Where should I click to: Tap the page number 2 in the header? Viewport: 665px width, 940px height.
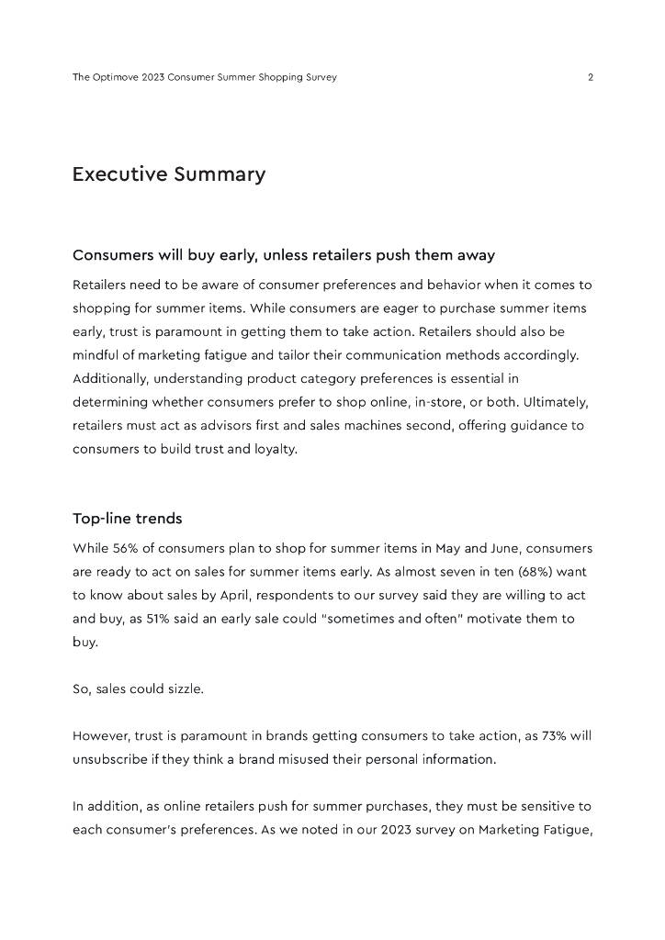[x=590, y=77]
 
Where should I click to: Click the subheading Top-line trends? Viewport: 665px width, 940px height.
[x=127, y=519]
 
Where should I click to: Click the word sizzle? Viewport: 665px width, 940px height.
[x=183, y=689]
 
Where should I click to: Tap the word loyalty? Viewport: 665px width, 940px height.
[x=274, y=450]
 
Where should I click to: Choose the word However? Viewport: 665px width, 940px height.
[x=101, y=736]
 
